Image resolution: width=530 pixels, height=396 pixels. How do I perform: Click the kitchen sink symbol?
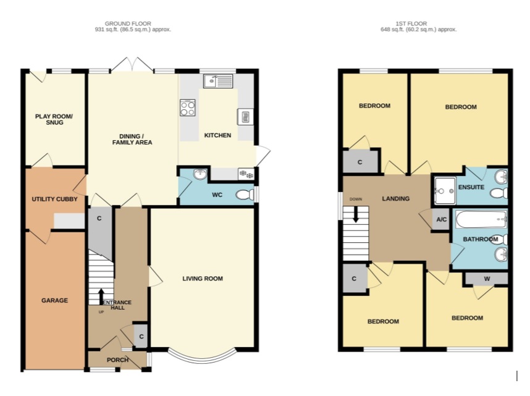pyautogui.click(x=218, y=81)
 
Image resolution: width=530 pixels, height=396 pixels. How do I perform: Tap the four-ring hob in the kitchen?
pyautogui.click(x=188, y=108)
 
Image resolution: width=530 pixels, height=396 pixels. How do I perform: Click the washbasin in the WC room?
pyautogui.click(x=200, y=174)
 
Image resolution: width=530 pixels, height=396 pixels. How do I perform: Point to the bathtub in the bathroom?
pyautogui.click(x=481, y=220)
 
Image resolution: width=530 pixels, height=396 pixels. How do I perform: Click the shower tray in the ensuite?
pyautogui.click(x=445, y=191)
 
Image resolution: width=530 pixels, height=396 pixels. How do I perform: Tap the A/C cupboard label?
pyautogui.click(x=442, y=219)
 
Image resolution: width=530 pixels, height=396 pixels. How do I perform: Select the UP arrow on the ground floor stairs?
pyautogui.click(x=101, y=297)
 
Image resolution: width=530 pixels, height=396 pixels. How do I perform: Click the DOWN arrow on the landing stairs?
pyautogui.click(x=356, y=215)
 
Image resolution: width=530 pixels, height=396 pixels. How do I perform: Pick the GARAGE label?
pyautogui.click(x=55, y=300)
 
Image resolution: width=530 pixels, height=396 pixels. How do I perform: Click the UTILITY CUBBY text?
pyautogui.click(x=55, y=199)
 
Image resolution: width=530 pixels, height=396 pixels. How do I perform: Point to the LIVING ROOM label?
pyautogui.click(x=203, y=279)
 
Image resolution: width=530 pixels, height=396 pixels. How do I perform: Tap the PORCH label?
pyautogui.click(x=117, y=360)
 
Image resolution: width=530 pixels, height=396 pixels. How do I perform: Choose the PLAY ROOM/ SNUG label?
pyautogui.click(x=54, y=119)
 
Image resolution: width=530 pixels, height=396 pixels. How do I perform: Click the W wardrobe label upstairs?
pyautogui.click(x=487, y=279)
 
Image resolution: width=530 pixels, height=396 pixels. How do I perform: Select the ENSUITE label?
pyautogui.click(x=471, y=187)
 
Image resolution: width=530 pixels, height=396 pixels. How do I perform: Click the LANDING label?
pyautogui.click(x=396, y=198)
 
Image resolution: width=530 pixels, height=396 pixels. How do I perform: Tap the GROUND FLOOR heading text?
pyautogui.click(x=128, y=23)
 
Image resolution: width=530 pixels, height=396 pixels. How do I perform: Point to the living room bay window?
pyautogui.click(x=202, y=356)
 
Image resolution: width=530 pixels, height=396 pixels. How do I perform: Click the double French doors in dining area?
pyautogui.click(x=132, y=65)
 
